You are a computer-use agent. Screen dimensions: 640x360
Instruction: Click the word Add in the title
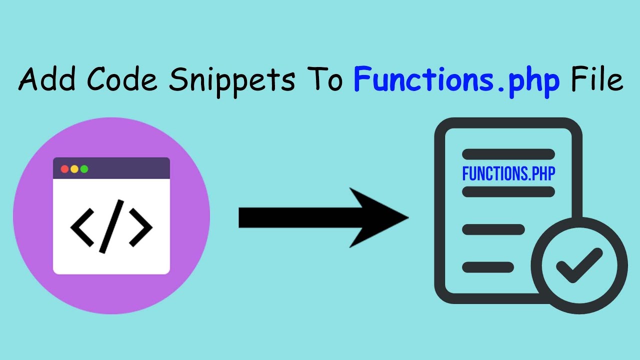pos(47,78)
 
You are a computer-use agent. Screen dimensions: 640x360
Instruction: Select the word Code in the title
pos(122,78)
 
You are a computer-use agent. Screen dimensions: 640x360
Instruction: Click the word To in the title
pos(324,79)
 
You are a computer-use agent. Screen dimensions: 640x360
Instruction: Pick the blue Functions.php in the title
pos(456,81)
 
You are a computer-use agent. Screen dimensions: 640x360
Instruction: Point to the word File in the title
pos(597,78)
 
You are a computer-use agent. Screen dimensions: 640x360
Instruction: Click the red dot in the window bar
pos(64,169)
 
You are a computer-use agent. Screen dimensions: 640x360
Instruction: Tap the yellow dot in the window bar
pos(74,169)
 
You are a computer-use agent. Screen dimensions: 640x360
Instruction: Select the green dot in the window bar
pos(84,169)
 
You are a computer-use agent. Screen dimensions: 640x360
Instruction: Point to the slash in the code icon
pos(111,226)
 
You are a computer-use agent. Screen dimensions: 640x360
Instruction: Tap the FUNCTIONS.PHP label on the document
pos(508,173)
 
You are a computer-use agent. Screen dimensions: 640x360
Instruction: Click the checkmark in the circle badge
pos(579,265)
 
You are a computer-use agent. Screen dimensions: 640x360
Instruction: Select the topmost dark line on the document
pos(508,154)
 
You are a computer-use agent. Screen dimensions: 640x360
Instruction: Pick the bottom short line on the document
pos(488,267)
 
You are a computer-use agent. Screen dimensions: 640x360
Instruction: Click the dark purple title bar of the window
pos(111,168)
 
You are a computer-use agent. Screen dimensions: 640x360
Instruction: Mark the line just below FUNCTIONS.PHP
pos(508,191)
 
